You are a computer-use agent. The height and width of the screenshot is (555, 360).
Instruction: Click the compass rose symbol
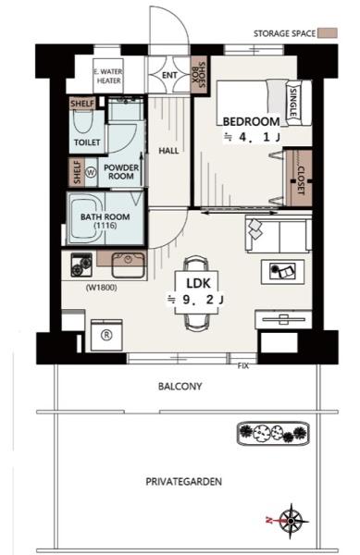pos(291,521)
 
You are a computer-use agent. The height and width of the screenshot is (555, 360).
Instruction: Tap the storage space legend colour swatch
pos(328,33)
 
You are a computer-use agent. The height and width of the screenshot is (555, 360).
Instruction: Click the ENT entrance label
pos(169,75)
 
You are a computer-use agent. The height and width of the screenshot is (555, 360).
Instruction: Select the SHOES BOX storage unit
pos(199,75)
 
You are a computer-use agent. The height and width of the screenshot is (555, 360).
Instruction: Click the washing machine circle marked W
pos(92,172)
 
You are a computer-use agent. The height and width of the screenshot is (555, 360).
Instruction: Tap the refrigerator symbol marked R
pos(106,335)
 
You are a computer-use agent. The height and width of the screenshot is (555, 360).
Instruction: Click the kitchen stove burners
pos(81,265)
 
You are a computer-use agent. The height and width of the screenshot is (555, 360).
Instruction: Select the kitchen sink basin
pos(128,265)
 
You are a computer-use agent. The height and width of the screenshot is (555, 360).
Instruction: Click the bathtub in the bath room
pos(86,218)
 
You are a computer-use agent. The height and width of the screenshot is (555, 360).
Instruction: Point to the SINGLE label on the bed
pos(293,103)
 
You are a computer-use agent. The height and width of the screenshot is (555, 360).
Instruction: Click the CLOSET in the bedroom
pos(299,178)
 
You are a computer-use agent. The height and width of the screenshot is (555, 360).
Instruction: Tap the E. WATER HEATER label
pos(108,76)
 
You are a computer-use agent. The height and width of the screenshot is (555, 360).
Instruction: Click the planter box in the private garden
pos(273,433)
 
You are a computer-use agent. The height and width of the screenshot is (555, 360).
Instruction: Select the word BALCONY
pos(180,386)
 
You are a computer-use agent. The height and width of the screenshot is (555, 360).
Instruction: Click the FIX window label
pos(242,366)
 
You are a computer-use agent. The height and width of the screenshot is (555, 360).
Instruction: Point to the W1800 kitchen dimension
pos(101,288)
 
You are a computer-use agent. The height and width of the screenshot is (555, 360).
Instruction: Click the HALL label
pos(168,151)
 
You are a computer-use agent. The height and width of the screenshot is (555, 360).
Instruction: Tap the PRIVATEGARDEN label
pos(184,481)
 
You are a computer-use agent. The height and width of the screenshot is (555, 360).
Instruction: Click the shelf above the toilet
pos(82,104)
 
